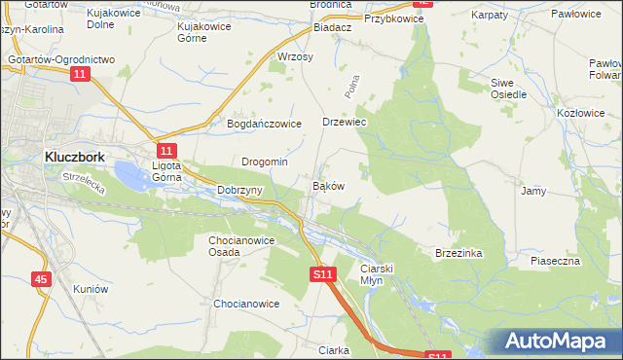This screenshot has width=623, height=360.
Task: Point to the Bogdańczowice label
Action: [266, 124]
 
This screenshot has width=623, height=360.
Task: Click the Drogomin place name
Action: [264, 162]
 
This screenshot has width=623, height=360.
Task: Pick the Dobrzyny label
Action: [239, 190]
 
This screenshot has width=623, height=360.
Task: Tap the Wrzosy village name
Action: [295, 57]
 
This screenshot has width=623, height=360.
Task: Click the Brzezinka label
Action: [458, 252]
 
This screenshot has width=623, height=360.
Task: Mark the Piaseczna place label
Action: [555, 261]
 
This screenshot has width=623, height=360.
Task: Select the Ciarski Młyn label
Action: [375, 273]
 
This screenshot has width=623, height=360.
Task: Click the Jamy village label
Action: [532, 191]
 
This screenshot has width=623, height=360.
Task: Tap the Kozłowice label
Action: [580, 113]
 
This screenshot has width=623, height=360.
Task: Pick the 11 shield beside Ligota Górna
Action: [166, 150]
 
